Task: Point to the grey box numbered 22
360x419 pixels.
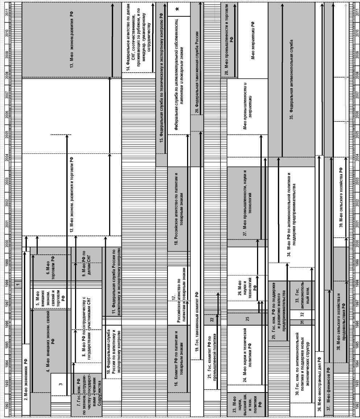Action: point(211,320)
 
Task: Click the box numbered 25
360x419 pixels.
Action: point(248,319)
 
